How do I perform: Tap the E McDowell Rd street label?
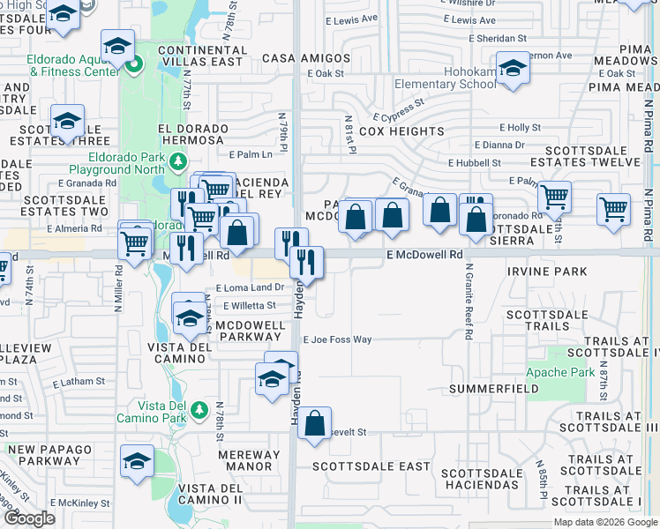[424, 254]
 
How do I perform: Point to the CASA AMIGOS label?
[306, 58]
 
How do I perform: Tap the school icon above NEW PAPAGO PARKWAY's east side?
[137, 462]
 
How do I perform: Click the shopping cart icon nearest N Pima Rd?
[613, 210]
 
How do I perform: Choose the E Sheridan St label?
[498, 39]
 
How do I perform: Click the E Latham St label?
[79, 382]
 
